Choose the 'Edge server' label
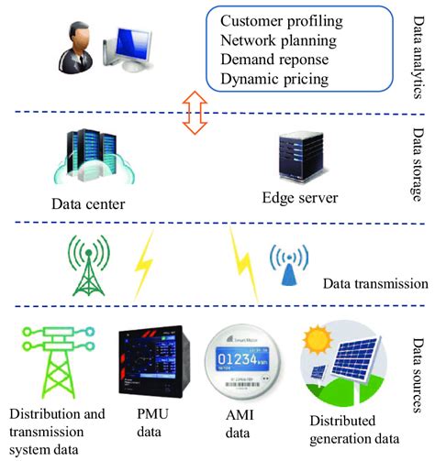click(x=299, y=198)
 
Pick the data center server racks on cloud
click(x=90, y=158)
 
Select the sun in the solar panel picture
click(x=324, y=331)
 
